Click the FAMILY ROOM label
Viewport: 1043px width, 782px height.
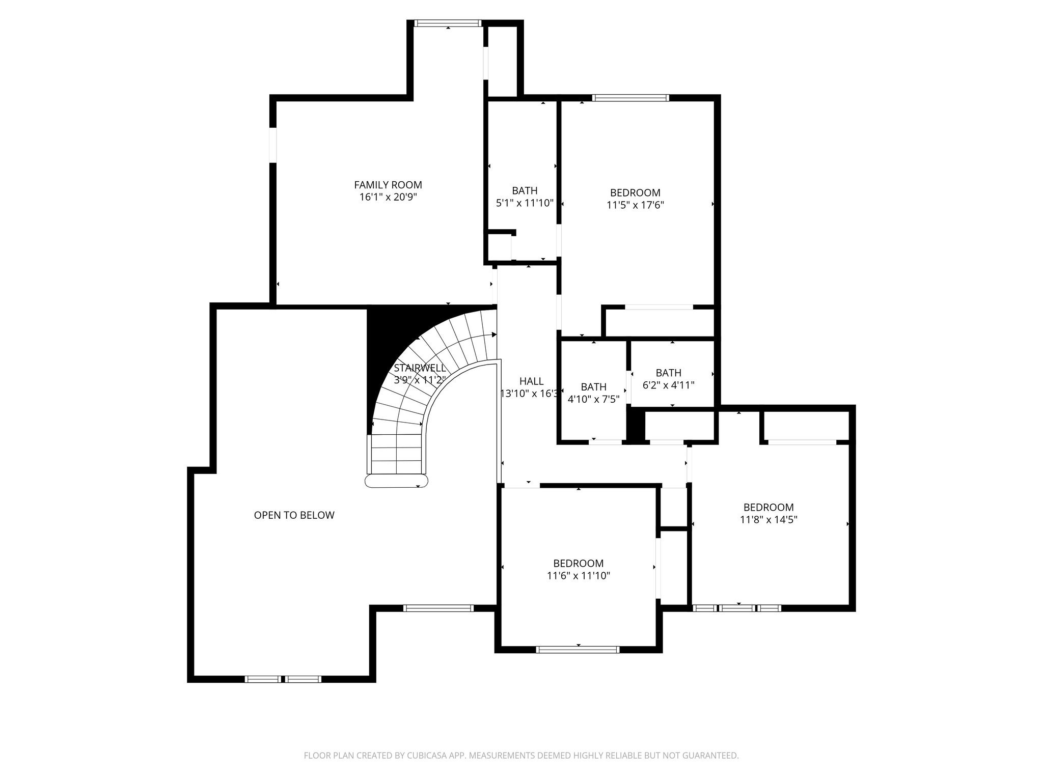pyautogui.click(x=388, y=185)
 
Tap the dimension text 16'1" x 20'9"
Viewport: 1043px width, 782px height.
pyautogui.click(x=388, y=198)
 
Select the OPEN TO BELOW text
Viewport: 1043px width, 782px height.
pyautogui.click(x=294, y=515)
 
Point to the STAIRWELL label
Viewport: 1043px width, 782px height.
pyautogui.click(x=420, y=368)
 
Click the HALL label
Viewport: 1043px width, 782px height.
pyautogui.click(x=531, y=381)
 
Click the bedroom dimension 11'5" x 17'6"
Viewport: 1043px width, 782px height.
pyautogui.click(x=635, y=205)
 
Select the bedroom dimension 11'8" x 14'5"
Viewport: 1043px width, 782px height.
pyautogui.click(x=768, y=520)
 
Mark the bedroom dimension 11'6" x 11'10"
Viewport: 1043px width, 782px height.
pyautogui.click(x=579, y=576)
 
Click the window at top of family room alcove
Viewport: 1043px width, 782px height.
pyautogui.click(x=448, y=23)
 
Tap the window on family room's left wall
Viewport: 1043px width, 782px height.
pyautogui.click(x=273, y=145)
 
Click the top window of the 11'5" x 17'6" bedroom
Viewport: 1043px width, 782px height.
pyautogui.click(x=630, y=98)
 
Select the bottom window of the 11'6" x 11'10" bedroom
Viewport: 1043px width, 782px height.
pyautogui.click(x=578, y=649)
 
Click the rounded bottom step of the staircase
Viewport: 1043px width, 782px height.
pyautogui.click(x=397, y=481)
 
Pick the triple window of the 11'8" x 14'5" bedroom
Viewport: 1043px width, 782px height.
pyautogui.click(x=737, y=608)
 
